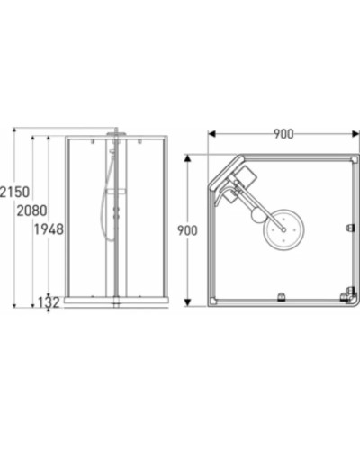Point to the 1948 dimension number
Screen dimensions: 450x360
[x=49, y=229]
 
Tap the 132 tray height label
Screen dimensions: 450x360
[x=49, y=302]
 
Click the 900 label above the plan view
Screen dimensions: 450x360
[x=283, y=134]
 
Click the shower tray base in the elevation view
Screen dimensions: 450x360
[x=117, y=301]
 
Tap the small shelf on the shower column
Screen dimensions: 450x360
[x=118, y=192]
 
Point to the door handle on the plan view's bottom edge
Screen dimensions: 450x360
[x=281, y=294]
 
